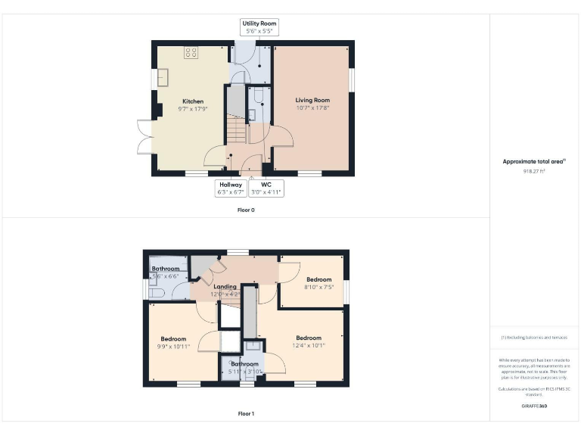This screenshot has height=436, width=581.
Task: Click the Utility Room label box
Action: tap(259, 28)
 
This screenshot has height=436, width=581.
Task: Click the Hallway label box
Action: tap(231, 188)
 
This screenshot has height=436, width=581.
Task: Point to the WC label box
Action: tap(266, 188)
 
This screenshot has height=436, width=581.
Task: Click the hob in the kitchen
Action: tap(191, 52)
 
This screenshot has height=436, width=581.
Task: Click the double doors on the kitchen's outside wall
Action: tap(144, 136)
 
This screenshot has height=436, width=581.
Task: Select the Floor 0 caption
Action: tap(246, 210)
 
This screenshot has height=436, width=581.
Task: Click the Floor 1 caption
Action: tap(246, 413)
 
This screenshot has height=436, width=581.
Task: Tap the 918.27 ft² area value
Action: tap(534, 171)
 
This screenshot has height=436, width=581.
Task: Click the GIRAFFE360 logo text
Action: tap(534, 406)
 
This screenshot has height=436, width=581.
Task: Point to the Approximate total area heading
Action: tap(534, 161)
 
